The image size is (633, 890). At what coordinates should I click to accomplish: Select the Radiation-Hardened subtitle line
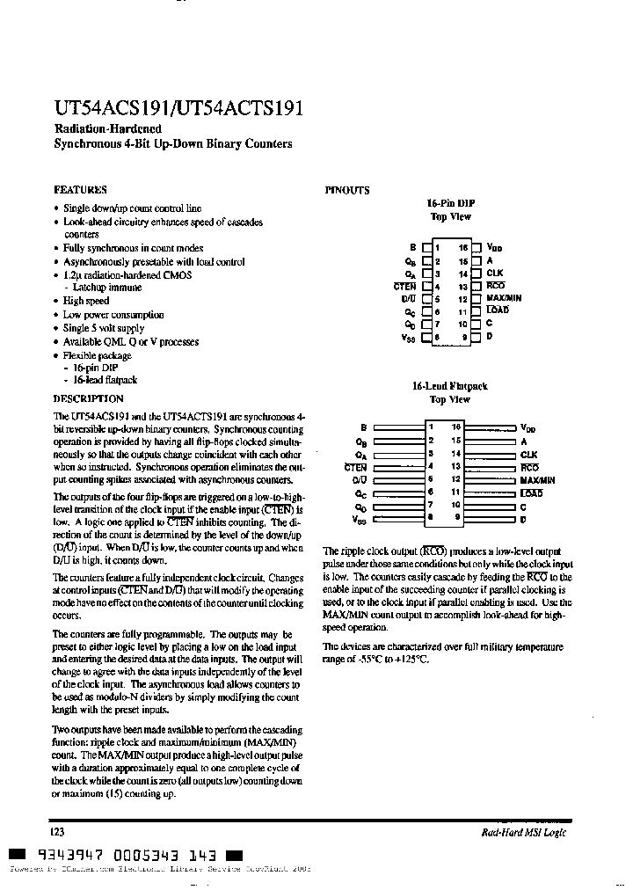(x=107, y=129)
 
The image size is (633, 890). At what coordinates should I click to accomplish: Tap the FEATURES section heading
(x=80, y=189)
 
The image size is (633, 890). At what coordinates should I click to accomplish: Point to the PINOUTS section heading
(x=347, y=190)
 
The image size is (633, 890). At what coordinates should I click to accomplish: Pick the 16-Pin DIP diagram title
(x=450, y=202)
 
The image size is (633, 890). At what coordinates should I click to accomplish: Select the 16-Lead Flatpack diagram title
(x=449, y=386)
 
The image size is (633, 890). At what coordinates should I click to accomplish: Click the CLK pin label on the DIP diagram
(x=494, y=274)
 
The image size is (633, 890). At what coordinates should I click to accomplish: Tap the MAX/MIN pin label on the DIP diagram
(x=503, y=298)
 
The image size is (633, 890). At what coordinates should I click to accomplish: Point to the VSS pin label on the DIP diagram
(x=409, y=337)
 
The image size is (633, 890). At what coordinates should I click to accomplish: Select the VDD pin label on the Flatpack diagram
(x=527, y=428)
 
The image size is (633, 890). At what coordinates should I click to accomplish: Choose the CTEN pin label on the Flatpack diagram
(x=355, y=467)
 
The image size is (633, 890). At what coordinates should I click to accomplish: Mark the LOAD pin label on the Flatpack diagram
(x=531, y=493)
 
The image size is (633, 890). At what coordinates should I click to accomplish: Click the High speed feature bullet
(x=85, y=301)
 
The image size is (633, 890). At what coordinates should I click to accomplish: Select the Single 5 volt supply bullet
(x=103, y=328)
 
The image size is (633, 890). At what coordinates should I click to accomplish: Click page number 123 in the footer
(x=59, y=831)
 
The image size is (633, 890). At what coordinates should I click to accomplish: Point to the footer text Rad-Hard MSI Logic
(x=525, y=833)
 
